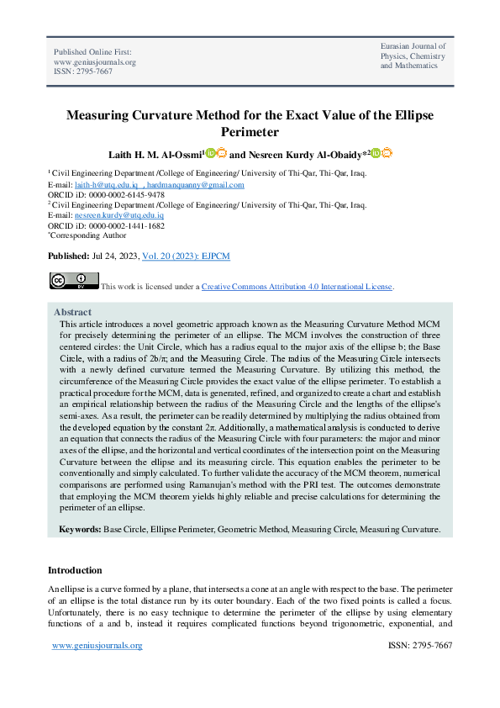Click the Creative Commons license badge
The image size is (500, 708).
tap(74, 281)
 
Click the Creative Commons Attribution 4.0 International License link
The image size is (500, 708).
tap(297, 287)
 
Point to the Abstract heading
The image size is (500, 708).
tap(73, 311)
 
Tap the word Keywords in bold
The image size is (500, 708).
tap(80, 530)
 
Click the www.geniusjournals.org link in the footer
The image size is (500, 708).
tap(97, 646)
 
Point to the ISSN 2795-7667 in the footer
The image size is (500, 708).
tap(420, 646)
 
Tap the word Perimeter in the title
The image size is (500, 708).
tap(249, 132)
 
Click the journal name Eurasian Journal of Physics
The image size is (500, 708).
tap(413, 55)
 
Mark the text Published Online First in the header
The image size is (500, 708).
tap(93, 52)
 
